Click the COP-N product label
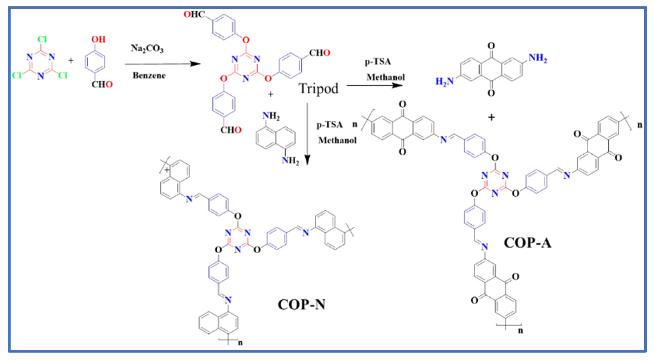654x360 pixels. point(301,304)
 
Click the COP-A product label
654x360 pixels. point(527,243)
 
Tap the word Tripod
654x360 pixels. point(318,89)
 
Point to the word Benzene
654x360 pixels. point(149,75)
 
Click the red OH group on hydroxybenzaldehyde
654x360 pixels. point(98,39)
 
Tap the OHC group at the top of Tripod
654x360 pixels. point(194,14)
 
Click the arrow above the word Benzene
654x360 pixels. point(162,64)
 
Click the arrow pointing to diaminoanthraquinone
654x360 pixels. point(374,85)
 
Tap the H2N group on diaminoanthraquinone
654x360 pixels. point(445,82)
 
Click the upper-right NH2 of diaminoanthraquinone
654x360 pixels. point(538,58)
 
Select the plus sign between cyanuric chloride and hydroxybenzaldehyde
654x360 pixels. point(71,60)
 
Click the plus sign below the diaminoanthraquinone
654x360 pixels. point(491,117)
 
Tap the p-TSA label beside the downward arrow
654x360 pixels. point(330,125)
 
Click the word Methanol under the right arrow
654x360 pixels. point(385,77)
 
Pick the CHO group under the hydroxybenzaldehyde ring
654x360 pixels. point(102,84)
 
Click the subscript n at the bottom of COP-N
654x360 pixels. point(240,343)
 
